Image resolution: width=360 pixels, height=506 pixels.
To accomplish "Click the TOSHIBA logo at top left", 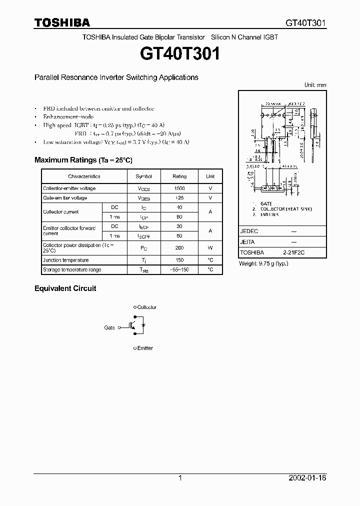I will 62,23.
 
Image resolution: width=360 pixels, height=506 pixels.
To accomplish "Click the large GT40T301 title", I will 180,53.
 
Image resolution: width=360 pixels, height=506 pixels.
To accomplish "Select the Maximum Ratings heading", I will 83,160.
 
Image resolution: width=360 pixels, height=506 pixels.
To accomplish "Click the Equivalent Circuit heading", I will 65,288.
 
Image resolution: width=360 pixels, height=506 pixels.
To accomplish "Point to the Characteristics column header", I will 84,176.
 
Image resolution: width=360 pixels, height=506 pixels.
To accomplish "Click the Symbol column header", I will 144,176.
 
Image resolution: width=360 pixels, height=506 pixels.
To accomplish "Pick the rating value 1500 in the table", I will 179,188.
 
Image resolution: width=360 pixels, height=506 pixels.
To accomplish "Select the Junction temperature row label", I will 66,260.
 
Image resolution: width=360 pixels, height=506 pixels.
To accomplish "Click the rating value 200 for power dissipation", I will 179,248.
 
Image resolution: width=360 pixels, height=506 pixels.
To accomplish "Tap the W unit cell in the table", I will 210,248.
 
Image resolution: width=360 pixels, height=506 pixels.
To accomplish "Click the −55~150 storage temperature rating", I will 179,269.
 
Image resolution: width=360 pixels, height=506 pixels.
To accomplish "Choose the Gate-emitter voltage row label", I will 65,198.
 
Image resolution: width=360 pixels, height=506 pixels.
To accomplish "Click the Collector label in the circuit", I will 146,307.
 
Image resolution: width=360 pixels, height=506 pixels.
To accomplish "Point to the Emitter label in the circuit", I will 145,348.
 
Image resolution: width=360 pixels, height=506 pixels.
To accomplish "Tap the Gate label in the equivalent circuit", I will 109,327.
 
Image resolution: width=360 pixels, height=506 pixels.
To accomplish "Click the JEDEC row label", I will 249,232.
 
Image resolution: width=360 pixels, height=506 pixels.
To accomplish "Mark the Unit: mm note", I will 315,85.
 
